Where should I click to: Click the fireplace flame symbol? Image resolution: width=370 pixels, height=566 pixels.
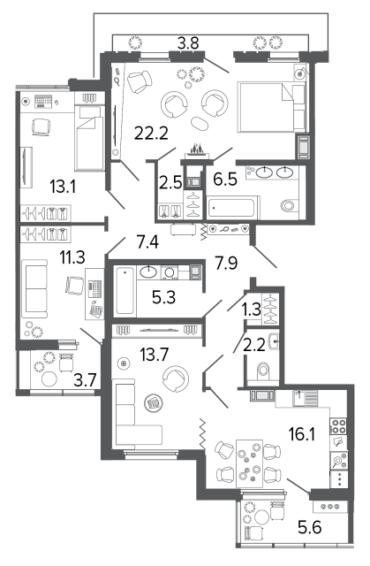pos(196,148)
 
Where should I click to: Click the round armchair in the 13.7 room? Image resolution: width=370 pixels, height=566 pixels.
pos(176,380)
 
